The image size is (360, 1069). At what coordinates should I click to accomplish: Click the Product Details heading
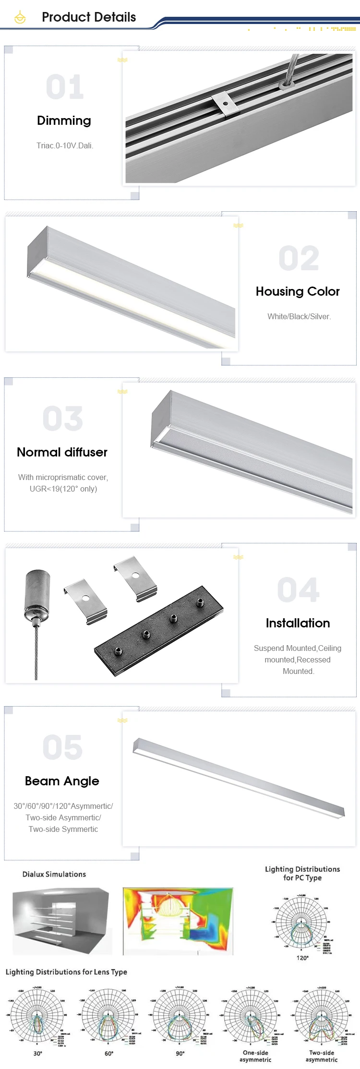click(89, 17)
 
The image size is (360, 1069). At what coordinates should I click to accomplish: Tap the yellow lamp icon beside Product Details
click(20, 18)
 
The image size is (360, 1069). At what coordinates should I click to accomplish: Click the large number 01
click(65, 87)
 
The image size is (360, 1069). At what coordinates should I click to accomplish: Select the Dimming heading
click(64, 120)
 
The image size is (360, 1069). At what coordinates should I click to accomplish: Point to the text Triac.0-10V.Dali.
click(65, 145)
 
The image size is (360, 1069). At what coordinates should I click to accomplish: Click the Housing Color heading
click(298, 291)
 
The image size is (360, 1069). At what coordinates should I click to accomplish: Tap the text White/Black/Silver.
click(299, 316)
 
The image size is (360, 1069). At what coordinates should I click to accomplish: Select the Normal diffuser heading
click(62, 452)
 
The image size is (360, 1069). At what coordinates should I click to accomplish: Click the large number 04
click(298, 590)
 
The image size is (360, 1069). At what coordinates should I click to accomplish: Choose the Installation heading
click(298, 623)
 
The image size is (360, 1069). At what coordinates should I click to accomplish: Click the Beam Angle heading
click(62, 781)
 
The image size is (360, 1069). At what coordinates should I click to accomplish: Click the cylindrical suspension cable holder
click(36, 595)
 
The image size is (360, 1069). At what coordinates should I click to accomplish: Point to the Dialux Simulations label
click(54, 874)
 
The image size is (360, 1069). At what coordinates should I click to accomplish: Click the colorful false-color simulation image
click(178, 920)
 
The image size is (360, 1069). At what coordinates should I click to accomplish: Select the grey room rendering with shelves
click(62, 920)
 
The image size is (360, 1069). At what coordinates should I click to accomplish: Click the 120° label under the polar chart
click(302, 958)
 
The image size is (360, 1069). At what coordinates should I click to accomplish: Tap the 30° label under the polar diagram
click(37, 1053)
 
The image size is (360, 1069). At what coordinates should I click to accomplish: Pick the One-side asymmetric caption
click(255, 1056)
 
